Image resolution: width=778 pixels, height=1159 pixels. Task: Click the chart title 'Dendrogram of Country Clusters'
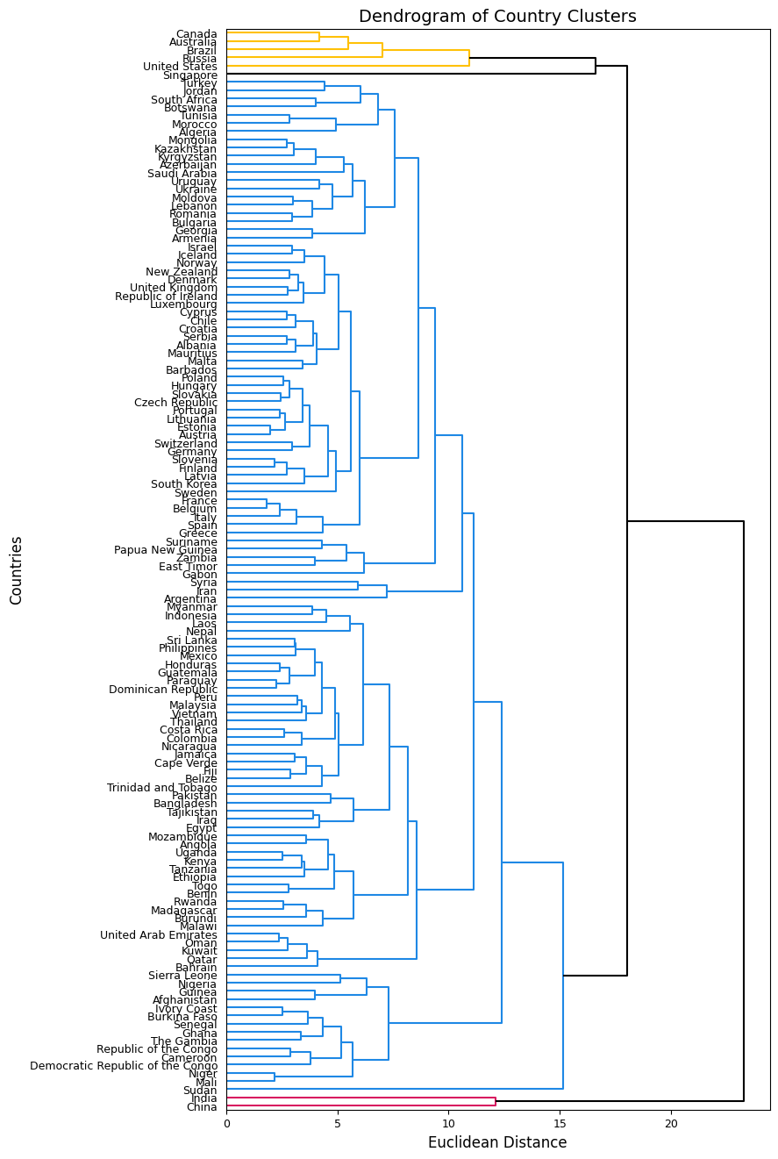497,17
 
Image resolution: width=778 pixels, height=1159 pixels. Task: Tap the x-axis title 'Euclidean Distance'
497,1142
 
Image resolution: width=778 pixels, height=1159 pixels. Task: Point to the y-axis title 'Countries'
17,570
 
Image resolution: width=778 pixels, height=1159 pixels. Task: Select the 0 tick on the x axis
226,1122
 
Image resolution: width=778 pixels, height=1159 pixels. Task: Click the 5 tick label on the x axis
338,1122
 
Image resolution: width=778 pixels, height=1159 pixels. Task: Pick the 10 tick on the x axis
449,1122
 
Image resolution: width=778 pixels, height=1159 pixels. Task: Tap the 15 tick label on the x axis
560,1122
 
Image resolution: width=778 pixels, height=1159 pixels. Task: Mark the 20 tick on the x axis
671,1122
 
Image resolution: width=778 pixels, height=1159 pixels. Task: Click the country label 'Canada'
196,34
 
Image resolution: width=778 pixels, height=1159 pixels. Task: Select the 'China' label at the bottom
202,1106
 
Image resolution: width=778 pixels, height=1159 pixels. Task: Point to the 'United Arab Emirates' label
159,935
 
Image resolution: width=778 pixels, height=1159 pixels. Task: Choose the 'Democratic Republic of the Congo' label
124,1066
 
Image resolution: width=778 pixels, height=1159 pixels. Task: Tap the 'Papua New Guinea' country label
166,550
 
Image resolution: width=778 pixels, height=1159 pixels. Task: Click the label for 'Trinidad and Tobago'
162,787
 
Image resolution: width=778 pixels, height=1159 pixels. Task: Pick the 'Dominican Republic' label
163,690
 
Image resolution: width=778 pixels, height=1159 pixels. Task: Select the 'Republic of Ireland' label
166,297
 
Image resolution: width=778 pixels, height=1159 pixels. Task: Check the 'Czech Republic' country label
175,403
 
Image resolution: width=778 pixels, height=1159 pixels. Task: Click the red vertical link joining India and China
496,1102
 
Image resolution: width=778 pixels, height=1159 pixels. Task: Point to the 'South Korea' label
184,484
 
